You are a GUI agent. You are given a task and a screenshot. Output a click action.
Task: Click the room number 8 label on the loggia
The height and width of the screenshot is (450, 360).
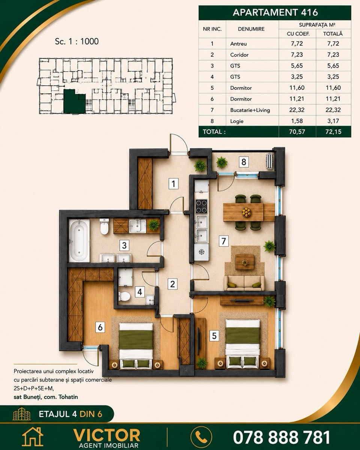pos(244,162)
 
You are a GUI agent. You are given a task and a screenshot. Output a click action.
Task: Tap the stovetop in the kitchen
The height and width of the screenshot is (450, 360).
pos(201,206)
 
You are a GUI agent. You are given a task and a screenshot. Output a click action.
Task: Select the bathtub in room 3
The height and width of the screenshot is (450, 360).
pos(79,240)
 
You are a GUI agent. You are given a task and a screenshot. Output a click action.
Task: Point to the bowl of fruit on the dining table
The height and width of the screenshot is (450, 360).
pos(246,212)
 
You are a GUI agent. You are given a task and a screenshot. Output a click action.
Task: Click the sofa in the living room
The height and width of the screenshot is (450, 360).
pos(244,283)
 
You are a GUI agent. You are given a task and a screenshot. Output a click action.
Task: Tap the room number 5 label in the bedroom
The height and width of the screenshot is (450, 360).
pos(214,336)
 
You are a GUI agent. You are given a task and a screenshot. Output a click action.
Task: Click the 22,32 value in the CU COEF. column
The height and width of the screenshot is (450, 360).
pos(297,110)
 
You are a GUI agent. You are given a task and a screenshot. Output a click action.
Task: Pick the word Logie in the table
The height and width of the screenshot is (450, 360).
pos(237,121)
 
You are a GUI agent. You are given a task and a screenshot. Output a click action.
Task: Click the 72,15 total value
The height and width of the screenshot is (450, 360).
pos(333,132)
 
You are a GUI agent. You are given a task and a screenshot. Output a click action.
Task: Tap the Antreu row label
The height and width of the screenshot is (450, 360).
pos(238,44)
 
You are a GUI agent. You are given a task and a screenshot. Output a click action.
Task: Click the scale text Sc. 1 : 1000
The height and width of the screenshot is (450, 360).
pos(77,41)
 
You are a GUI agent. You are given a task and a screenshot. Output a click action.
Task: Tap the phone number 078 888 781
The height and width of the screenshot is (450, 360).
pos(281,431)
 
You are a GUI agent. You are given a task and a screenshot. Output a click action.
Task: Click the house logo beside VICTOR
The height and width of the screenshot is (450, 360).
pos(33,433)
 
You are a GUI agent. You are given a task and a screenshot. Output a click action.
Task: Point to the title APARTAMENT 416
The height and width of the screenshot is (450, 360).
pos(275,12)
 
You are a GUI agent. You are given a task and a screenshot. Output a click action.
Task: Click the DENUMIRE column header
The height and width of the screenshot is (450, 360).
pos(251,29)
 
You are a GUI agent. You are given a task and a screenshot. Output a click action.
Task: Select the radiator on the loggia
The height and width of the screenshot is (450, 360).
pos(269,160)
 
